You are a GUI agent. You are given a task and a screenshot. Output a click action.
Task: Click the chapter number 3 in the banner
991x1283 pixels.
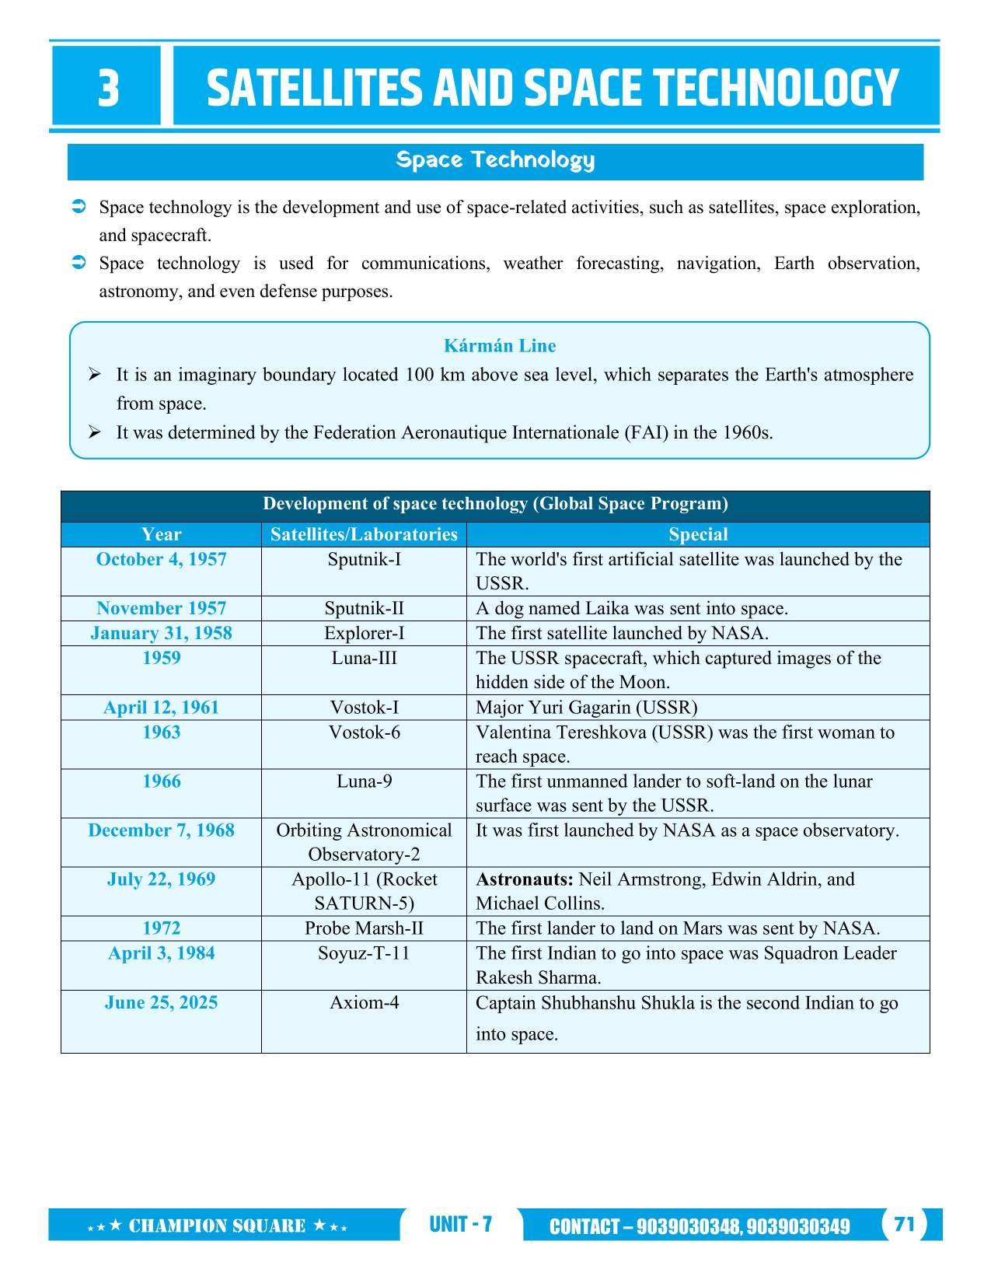[108, 88]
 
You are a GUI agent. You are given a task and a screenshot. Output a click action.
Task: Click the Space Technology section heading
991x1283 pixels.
[495, 160]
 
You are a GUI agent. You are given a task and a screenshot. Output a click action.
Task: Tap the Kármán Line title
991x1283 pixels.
[499, 346]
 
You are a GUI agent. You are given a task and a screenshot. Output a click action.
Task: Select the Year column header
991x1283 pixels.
[161, 534]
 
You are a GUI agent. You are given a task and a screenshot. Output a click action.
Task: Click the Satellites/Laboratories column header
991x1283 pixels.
[364, 534]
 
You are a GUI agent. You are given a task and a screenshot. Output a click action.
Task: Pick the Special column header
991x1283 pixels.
[698, 534]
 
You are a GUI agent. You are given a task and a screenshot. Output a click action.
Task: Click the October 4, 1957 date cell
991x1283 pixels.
[161, 560]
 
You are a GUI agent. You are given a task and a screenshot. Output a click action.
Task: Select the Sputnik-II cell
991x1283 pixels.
[364, 608]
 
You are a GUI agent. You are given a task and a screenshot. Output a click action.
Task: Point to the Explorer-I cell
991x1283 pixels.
[364, 633]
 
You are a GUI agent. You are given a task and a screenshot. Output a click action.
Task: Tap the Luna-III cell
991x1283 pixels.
[364, 658]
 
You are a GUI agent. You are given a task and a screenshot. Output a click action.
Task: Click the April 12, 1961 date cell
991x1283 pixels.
[161, 708]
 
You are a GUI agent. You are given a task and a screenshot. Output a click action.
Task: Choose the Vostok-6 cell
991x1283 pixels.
[364, 732]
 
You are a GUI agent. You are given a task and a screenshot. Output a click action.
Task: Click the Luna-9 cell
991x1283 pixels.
[364, 781]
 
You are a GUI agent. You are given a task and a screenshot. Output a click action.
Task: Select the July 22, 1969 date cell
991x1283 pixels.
[161, 879]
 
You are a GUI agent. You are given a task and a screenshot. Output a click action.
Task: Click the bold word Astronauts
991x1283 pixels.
[525, 879]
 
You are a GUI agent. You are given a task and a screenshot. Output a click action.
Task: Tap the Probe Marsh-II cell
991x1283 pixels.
[364, 928]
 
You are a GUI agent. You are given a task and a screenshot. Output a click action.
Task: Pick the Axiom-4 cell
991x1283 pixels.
[364, 1002]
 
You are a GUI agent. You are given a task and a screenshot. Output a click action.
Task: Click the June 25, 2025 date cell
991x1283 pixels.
[161, 1002]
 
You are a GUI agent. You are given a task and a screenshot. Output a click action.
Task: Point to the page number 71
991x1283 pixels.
[904, 1225]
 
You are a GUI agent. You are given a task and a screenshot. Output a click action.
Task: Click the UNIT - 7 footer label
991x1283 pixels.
[460, 1225]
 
